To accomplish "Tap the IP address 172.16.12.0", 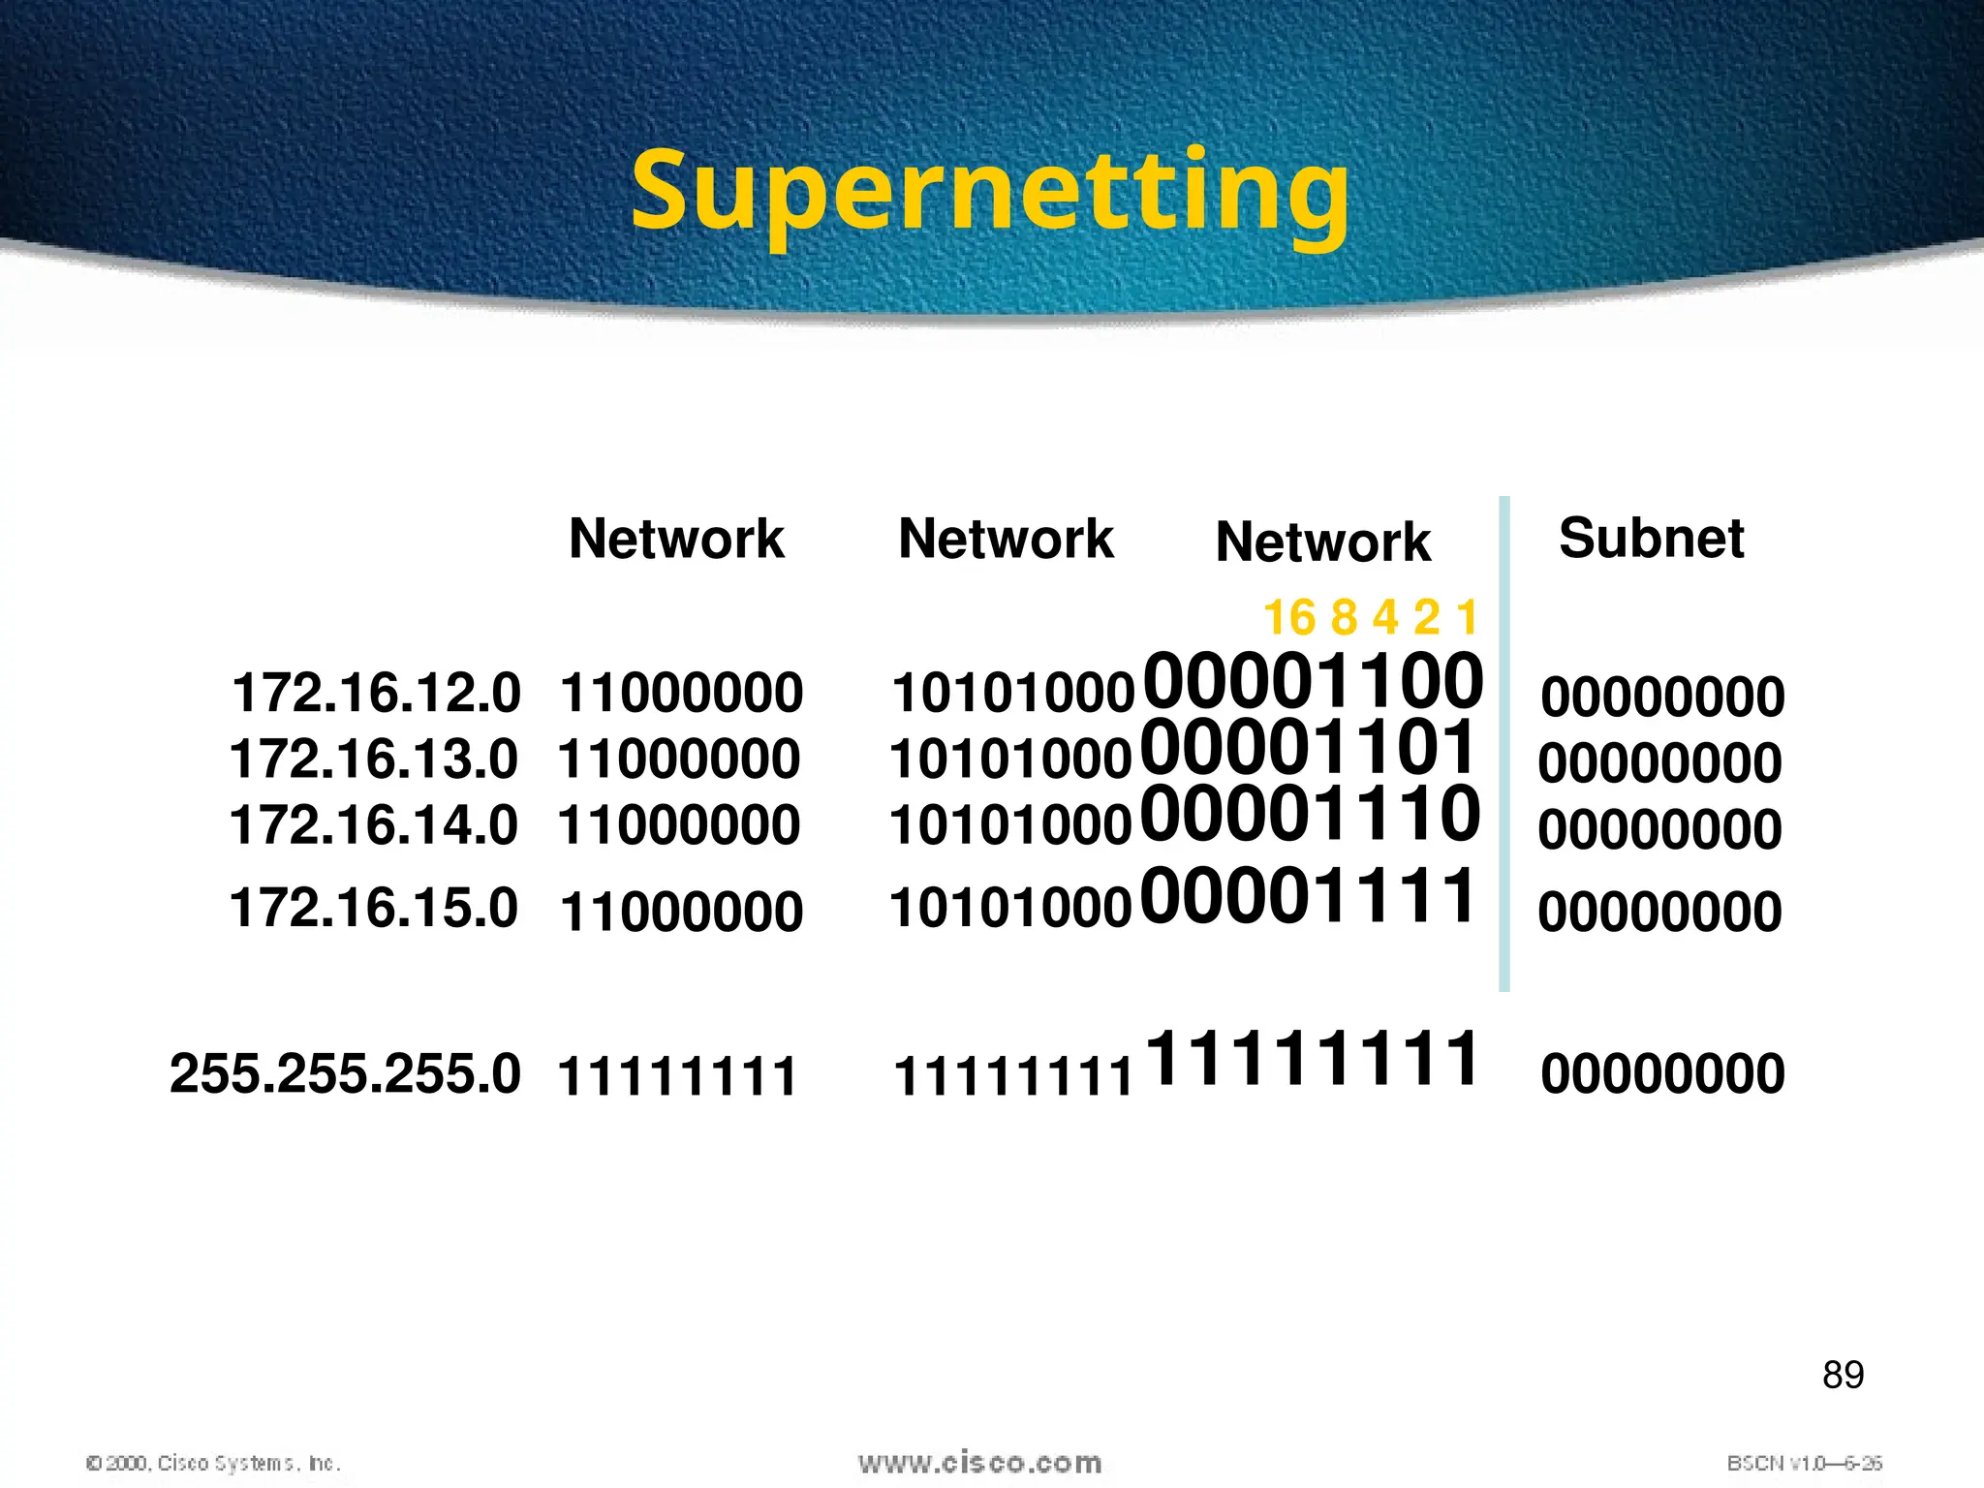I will (376, 693).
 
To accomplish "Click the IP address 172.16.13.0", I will (374, 759).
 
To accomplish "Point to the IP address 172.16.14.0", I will (374, 824).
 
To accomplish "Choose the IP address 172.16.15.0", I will (374, 908).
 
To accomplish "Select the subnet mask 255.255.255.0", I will (345, 1073).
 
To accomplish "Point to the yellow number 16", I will (1289, 618).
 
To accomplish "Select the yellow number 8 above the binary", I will (1344, 618).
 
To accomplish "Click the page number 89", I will (1843, 1375).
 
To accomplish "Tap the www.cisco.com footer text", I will (979, 1462).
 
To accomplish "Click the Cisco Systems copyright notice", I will (213, 1463).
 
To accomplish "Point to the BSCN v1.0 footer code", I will (1804, 1463).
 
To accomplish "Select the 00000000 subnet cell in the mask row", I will (1662, 1074).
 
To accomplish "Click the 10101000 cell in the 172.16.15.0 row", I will (1010, 909).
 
